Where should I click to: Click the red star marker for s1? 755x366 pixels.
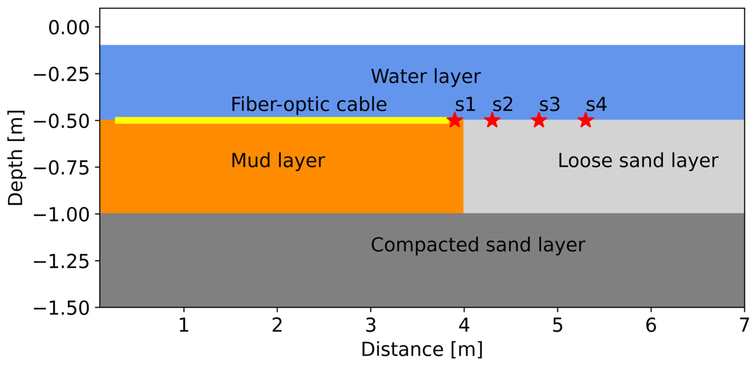pos(455,120)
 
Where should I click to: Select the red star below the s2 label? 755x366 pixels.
pos(492,120)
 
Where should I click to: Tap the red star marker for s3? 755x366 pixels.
pos(539,120)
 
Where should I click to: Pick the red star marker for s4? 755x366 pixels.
pos(586,120)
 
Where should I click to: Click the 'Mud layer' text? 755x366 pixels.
pos(278,161)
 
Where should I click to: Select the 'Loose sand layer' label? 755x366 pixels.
pos(638,161)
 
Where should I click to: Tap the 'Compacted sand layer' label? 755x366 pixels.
pos(478,245)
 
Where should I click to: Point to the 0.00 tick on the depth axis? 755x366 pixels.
pos(69,28)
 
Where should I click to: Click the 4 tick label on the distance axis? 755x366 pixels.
pos(464,325)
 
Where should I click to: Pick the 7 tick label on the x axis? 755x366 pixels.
pos(744,325)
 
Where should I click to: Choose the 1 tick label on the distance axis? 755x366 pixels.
pos(184,325)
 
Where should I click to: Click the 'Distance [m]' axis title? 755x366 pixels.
pos(422,350)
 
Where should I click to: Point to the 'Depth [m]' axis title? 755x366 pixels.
pos(15,158)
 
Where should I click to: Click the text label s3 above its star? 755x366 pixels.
pos(550,104)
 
